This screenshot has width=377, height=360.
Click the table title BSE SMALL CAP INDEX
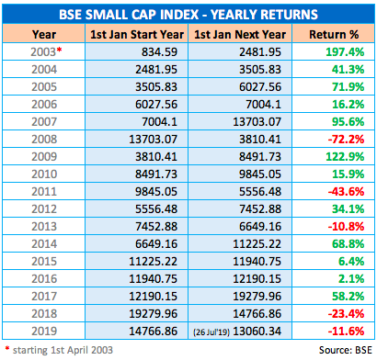(129, 15)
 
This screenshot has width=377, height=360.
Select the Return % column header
(334, 34)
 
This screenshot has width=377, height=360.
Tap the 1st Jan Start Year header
(137, 34)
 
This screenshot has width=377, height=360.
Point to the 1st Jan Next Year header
(240, 34)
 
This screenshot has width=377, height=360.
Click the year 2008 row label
(44, 140)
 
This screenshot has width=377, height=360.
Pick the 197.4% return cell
(345, 51)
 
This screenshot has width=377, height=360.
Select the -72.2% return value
(346, 140)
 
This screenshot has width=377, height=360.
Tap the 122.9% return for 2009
(345, 157)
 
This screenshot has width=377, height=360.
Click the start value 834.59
(159, 51)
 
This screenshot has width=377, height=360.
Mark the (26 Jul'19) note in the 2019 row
(211, 332)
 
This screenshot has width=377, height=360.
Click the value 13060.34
(257, 332)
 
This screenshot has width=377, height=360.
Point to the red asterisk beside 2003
(59, 49)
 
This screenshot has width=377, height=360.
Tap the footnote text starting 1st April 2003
(63, 350)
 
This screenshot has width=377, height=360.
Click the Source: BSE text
(346, 350)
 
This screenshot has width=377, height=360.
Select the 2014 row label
(44, 244)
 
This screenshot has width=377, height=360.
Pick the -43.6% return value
(346, 192)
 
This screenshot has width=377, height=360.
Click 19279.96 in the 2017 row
(257, 297)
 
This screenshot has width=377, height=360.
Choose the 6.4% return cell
(351, 262)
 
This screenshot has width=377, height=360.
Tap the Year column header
(44, 34)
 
